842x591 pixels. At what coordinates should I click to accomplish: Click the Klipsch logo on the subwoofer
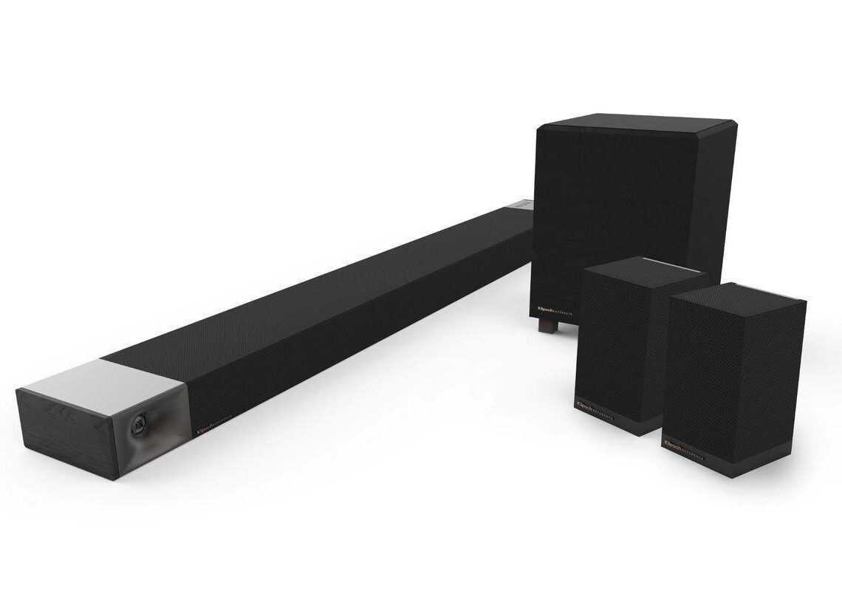pyautogui.click(x=547, y=312)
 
